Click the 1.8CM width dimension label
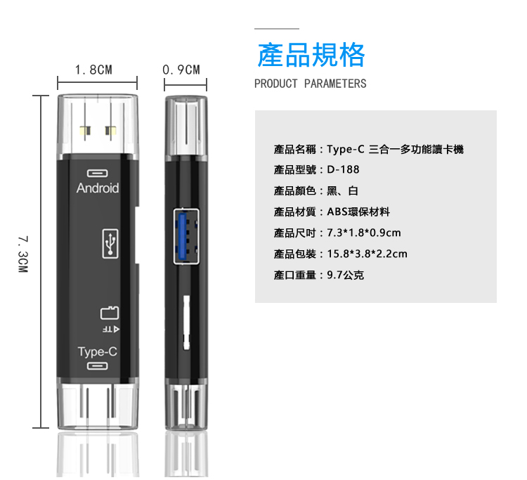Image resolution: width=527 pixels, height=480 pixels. pyautogui.click(x=93, y=70)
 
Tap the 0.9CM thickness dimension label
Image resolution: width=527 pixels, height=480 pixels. pyautogui.click(x=181, y=70)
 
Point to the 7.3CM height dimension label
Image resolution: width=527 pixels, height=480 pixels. pyautogui.click(x=23, y=254)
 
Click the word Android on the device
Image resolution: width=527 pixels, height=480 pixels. pyautogui.click(x=98, y=188)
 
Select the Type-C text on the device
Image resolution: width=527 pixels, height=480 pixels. pyautogui.click(x=98, y=351)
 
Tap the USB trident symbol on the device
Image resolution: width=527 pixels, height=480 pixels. pyautogui.click(x=110, y=244)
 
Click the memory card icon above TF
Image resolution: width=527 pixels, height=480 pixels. pyautogui.click(x=110, y=313)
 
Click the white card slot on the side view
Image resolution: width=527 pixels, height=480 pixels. pyautogui.click(x=186, y=323)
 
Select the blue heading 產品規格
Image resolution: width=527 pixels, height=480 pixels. pyautogui.click(x=311, y=55)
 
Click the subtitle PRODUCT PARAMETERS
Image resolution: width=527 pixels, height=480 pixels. pyautogui.click(x=310, y=84)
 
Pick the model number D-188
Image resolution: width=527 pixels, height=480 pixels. pyautogui.click(x=343, y=169)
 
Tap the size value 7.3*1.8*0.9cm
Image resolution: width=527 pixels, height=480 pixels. pyautogui.click(x=364, y=233)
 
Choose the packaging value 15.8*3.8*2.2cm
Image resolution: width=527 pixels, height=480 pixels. pyautogui.click(x=367, y=254)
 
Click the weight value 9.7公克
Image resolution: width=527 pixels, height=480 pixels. pyautogui.click(x=346, y=275)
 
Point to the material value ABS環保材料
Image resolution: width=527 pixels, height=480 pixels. pyautogui.click(x=358, y=212)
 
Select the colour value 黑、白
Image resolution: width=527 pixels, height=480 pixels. pyautogui.click(x=342, y=190)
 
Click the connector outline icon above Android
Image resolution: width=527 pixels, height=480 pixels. pyautogui.click(x=98, y=173)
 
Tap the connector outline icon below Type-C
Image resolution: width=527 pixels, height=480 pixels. pyautogui.click(x=98, y=365)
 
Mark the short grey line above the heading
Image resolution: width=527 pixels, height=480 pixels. pyautogui.click(x=277, y=29)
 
